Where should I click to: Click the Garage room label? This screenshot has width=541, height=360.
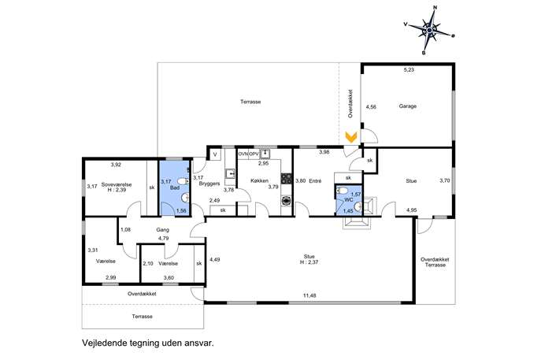tap(408, 106)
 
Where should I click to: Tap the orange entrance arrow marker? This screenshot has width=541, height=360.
tap(351, 137)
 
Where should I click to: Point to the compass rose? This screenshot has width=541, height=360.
tap(429, 31)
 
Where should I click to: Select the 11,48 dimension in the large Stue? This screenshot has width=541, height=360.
tap(309, 295)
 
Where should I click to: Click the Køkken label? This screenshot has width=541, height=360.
tap(260, 180)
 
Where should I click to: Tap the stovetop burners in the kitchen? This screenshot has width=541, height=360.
tap(287, 178)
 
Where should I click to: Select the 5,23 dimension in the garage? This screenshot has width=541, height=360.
tap(409, 70)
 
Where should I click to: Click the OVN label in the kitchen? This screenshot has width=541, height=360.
tap(243, 154)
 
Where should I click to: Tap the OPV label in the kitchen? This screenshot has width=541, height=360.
tap(254, 154)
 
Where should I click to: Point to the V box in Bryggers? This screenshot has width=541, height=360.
tap(215, 154)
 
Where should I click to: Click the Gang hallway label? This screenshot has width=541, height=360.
tap(162, 229)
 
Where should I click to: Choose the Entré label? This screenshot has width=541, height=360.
tap(315, 181)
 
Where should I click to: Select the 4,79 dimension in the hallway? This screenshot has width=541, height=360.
tap(163, 238)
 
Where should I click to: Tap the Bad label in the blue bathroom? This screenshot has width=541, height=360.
tap(175, 187)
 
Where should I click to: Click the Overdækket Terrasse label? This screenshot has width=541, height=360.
tap(435, 262)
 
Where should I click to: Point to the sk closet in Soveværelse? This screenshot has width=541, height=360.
tap(152, 187)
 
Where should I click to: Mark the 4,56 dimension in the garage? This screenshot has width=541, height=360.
tap(371, 107)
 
